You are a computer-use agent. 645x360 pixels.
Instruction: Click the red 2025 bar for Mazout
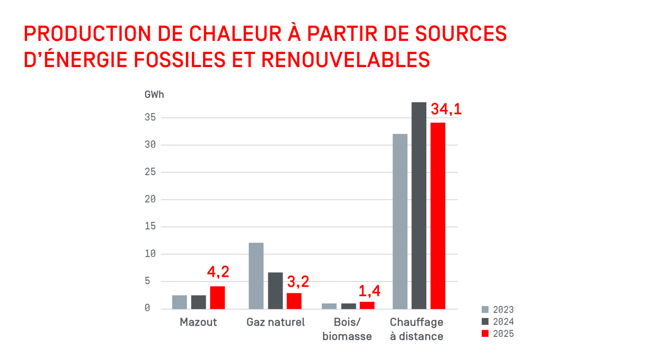(217, 297)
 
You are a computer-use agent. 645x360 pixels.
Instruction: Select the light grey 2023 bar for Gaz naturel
(256, 276)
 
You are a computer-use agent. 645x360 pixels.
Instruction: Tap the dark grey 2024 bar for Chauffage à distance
(419, 206)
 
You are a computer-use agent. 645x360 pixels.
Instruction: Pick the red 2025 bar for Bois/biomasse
(367, 305)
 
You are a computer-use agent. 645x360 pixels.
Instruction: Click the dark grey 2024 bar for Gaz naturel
(275, 290)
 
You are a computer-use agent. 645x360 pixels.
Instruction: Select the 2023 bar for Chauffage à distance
(400, 221)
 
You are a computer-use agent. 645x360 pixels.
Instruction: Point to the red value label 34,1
(445, 109)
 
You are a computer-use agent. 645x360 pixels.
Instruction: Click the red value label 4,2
(218, 272)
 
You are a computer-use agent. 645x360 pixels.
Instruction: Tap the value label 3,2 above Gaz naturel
(297, 281)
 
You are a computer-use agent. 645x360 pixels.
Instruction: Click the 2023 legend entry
(498, 310)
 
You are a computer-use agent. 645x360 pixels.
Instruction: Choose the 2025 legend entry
(498, 334)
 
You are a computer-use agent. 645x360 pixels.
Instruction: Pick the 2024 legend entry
(498, 322)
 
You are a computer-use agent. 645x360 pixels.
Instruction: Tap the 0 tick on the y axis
(147, 308)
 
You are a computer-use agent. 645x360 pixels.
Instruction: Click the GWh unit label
(154, 95)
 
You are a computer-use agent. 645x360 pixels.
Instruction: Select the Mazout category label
(198, 322)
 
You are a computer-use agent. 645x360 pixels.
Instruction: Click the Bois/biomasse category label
(347, 329)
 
